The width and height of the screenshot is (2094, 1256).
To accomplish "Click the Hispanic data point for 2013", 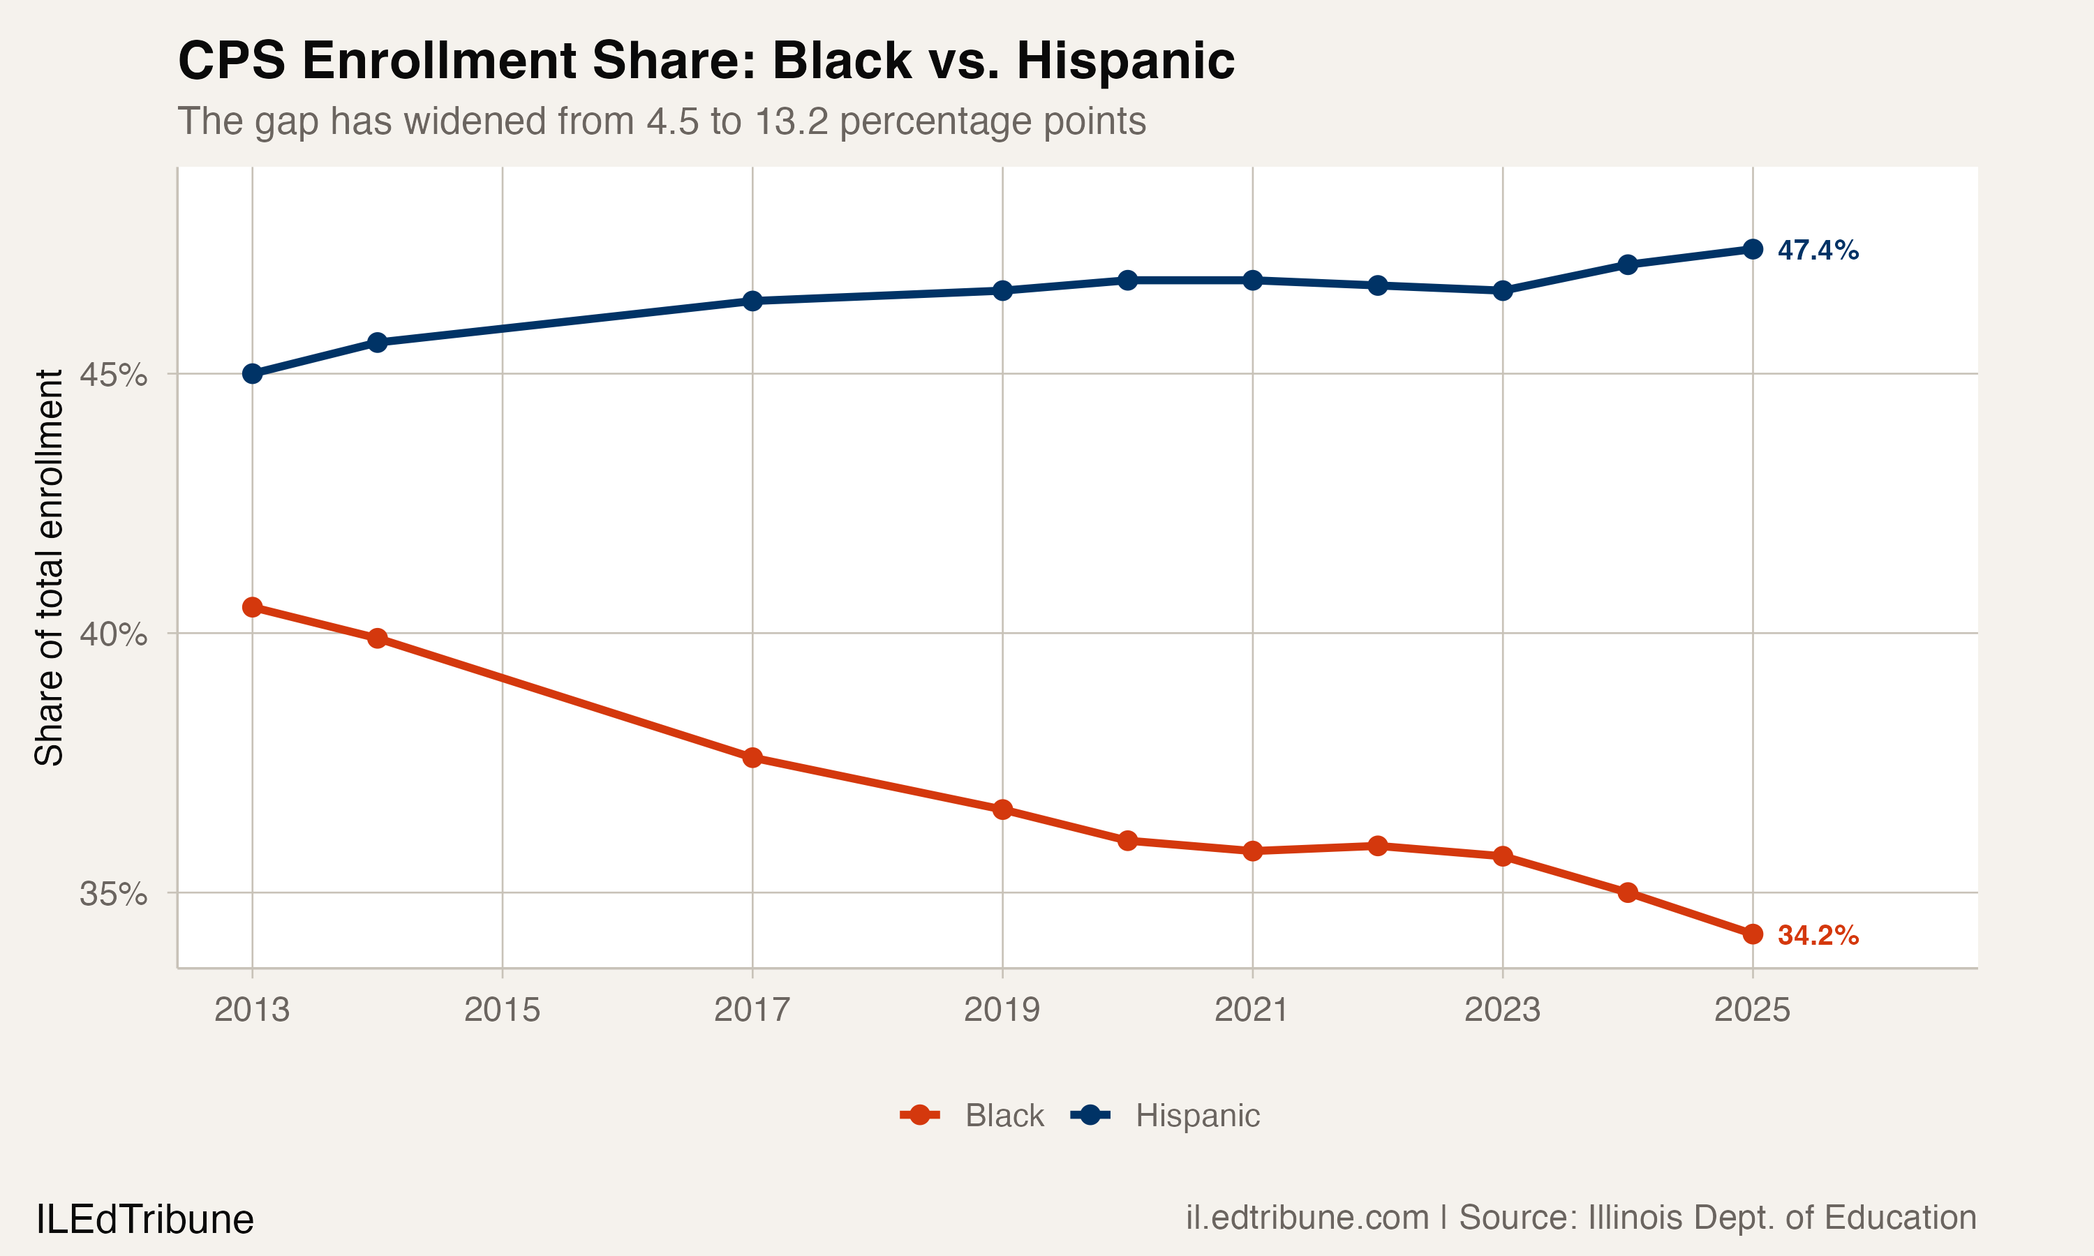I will [x=252, y=373].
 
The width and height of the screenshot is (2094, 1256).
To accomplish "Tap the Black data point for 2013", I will [x=252, y=607].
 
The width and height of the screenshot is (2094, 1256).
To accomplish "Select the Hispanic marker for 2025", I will [x=1753, y=249].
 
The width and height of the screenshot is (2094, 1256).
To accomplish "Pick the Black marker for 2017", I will [x=752, y=758].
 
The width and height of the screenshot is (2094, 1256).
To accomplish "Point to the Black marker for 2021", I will [x=1253, y=851].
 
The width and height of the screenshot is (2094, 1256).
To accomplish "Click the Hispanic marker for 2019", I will [x=1002, y=290].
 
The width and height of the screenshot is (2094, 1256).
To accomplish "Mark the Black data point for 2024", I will [x=1628, y=892].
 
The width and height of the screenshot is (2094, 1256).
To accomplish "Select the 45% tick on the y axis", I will [x=112, y=374].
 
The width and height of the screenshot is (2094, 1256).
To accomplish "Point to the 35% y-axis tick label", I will [x=112, y=894].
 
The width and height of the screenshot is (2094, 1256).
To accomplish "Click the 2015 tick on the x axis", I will [x=502, y=1010].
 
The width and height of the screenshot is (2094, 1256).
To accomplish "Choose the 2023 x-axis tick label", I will [x=1502, y=1010].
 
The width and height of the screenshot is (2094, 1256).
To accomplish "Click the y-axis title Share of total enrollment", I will [x=49, y=567].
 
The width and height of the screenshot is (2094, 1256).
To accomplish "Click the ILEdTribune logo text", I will [x=144, y=1220].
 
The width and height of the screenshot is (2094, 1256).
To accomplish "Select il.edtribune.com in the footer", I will [x=1307, y=1218].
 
